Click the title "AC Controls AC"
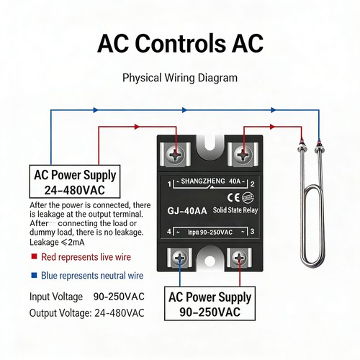pos(180,43)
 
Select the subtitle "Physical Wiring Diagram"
pos(180,78)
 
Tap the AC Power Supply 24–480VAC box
pos(75,181)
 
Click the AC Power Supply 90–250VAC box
pos(210,303)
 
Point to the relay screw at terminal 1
pos(175,154)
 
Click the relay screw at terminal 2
pos(243,154)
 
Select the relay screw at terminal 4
pos(179,258)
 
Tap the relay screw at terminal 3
pos(239,258)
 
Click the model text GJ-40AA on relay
pos(187,211)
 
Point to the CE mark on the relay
pos(233,197)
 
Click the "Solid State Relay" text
pos(235,210)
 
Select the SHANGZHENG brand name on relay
pos(203,181)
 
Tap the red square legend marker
pos(34,256)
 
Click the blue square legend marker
pos(34,275)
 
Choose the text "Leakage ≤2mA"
pos(57,242)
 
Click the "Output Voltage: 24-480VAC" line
pos(87,313)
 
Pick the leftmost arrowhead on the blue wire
pos(96,110)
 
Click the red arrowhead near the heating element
pos(272,127)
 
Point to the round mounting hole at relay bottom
pos(210,261)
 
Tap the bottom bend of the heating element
pos(312,266)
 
